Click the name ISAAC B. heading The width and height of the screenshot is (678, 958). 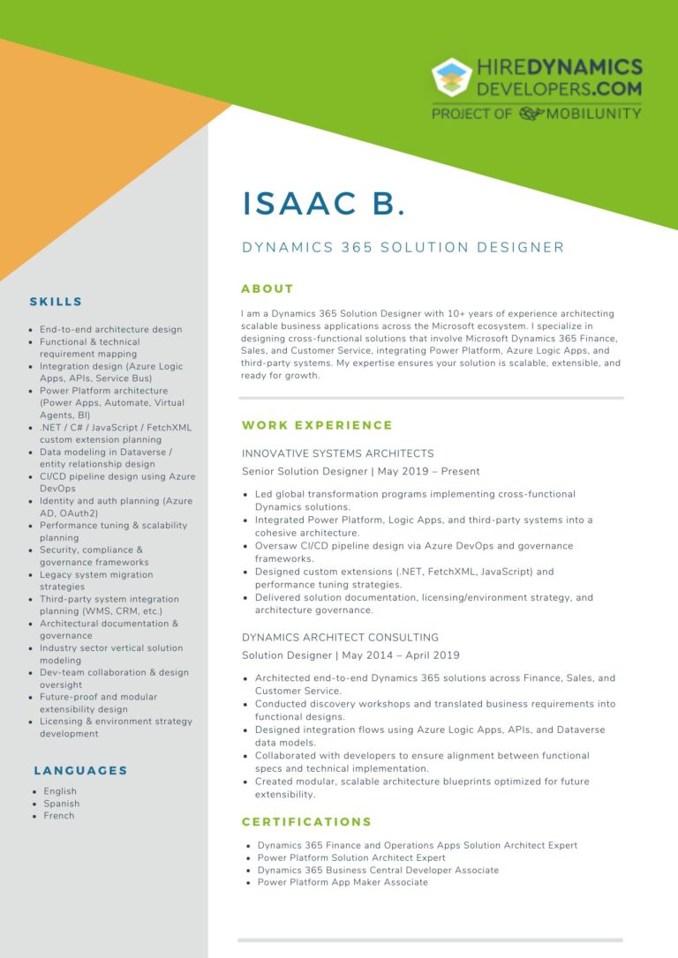pyautogui.click(x=324, y=203)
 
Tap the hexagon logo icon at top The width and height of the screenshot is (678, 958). pyautogui.click(x=451, y=79)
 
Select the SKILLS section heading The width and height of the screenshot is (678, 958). pyautogui.click(x=56, y=302)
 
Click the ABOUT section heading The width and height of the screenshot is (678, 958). pyautogui.click(x=267, y=288)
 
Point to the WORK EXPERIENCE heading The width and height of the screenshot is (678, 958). pyautogui.click(x=317, y=425)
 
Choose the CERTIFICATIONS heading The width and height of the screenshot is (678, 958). pyautogui.click(x=306, y=821)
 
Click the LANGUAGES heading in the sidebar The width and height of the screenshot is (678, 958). pyautogui.click(x=80, y=770)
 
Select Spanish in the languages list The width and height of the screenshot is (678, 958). pyautogui.click(x=62, y=804)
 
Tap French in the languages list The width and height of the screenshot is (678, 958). pyautogui.click(x=59, y=816)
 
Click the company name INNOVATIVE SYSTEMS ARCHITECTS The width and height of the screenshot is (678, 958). pyautogui.click(x=338, y=453)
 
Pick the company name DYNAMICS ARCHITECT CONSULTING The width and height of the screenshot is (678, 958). pyautogui.click(x=340, y=637)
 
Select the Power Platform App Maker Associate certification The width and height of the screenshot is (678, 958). pyautogui.click(x=343, y=882)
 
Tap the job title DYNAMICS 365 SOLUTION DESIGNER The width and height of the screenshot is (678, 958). pyautogui.click(x=403, y=248)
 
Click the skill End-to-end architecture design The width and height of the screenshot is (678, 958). pyautogui.click(x=111, y=330)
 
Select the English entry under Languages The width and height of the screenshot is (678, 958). pyautogui.click(x=60, y=791)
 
